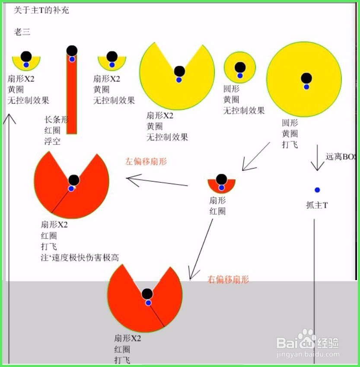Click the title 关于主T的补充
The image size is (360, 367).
[x=41, y=10]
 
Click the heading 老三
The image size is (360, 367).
[x=22, y=32]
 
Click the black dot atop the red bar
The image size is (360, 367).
[x=72, y=51]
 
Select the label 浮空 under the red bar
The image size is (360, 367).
[x=52, y=141]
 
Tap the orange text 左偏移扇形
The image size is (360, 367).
[x=146, y=162]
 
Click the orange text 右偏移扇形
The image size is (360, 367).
[x=229, y=280]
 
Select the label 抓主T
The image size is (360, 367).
[x=317, y=205]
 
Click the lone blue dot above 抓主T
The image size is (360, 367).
[x=317, y=190]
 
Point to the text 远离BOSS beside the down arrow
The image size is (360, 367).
[x=341, y=158]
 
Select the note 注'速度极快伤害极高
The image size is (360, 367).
[x=80, y=258]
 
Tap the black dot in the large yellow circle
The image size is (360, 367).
[x=306, y=78]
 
